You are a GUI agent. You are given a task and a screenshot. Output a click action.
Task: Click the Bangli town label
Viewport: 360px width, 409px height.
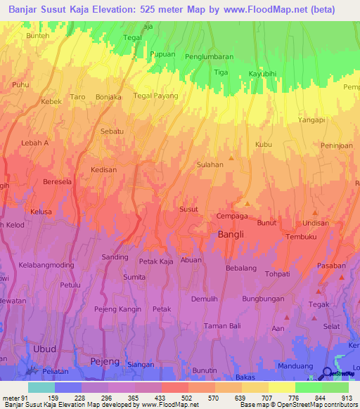tap(231, 235)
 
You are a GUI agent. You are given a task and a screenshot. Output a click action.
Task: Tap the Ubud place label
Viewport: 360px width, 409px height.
tap(44, 349)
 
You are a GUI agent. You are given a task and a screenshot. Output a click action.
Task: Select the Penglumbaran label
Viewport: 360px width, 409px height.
tap(208, 57)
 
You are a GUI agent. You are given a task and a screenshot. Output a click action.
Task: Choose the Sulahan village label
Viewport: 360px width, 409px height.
tap(210, 164)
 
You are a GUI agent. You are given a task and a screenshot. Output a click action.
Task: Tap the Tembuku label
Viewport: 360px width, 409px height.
tap(302, 237)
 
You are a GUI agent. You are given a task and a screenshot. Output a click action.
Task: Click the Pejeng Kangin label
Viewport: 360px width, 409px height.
tap(118, 309)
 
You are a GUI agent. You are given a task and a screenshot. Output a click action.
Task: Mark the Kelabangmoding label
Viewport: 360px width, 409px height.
tap(46, 265)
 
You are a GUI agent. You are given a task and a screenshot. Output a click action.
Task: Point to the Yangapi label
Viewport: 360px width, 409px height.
tap(311, 120)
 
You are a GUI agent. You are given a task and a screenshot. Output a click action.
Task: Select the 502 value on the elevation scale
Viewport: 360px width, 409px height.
tap(186, 398)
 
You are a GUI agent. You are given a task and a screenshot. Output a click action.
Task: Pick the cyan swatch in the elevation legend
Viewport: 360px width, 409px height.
tap(41, 387)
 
